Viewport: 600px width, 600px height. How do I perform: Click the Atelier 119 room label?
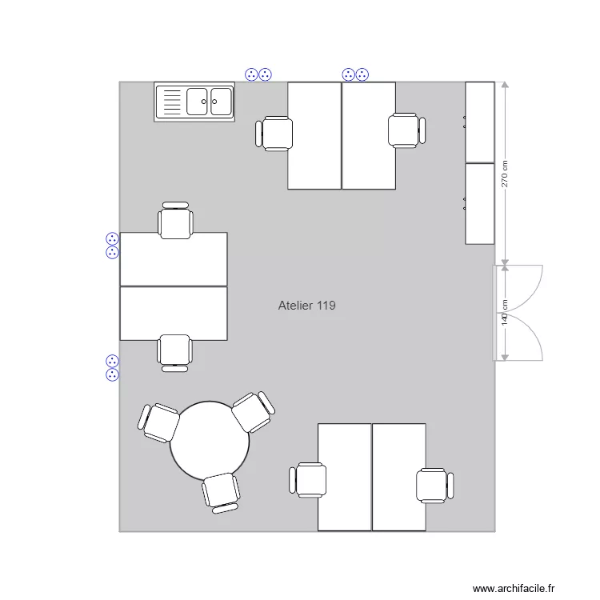[306, 306]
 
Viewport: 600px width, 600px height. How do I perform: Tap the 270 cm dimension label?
[505, 174]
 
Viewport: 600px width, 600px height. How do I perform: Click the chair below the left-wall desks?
[174, 352]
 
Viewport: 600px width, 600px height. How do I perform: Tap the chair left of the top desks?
[274, 134]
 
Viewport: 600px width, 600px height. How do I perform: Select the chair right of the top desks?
[406, 130]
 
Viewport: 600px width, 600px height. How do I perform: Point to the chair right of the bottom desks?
[434, 486]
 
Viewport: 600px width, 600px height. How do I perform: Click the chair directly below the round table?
[221, 491]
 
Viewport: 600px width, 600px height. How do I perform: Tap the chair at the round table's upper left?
[160, 422]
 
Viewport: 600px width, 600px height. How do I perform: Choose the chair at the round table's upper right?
[254, 412]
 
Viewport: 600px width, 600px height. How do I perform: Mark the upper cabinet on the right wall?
[480, 122]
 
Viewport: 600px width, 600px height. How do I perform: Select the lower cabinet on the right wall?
[480, 203]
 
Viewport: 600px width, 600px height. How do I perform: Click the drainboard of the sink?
[170, 102]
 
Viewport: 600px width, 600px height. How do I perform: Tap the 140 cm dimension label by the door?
[505, 312]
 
